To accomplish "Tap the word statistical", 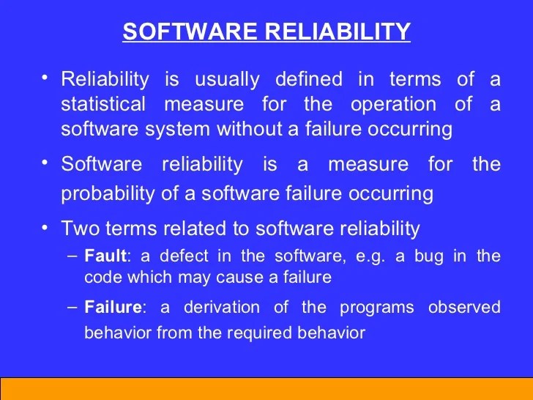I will coord(103,104).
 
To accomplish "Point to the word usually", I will coord(220,79).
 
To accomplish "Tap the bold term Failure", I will coord(107,308).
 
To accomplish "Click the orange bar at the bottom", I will coord(266,388).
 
